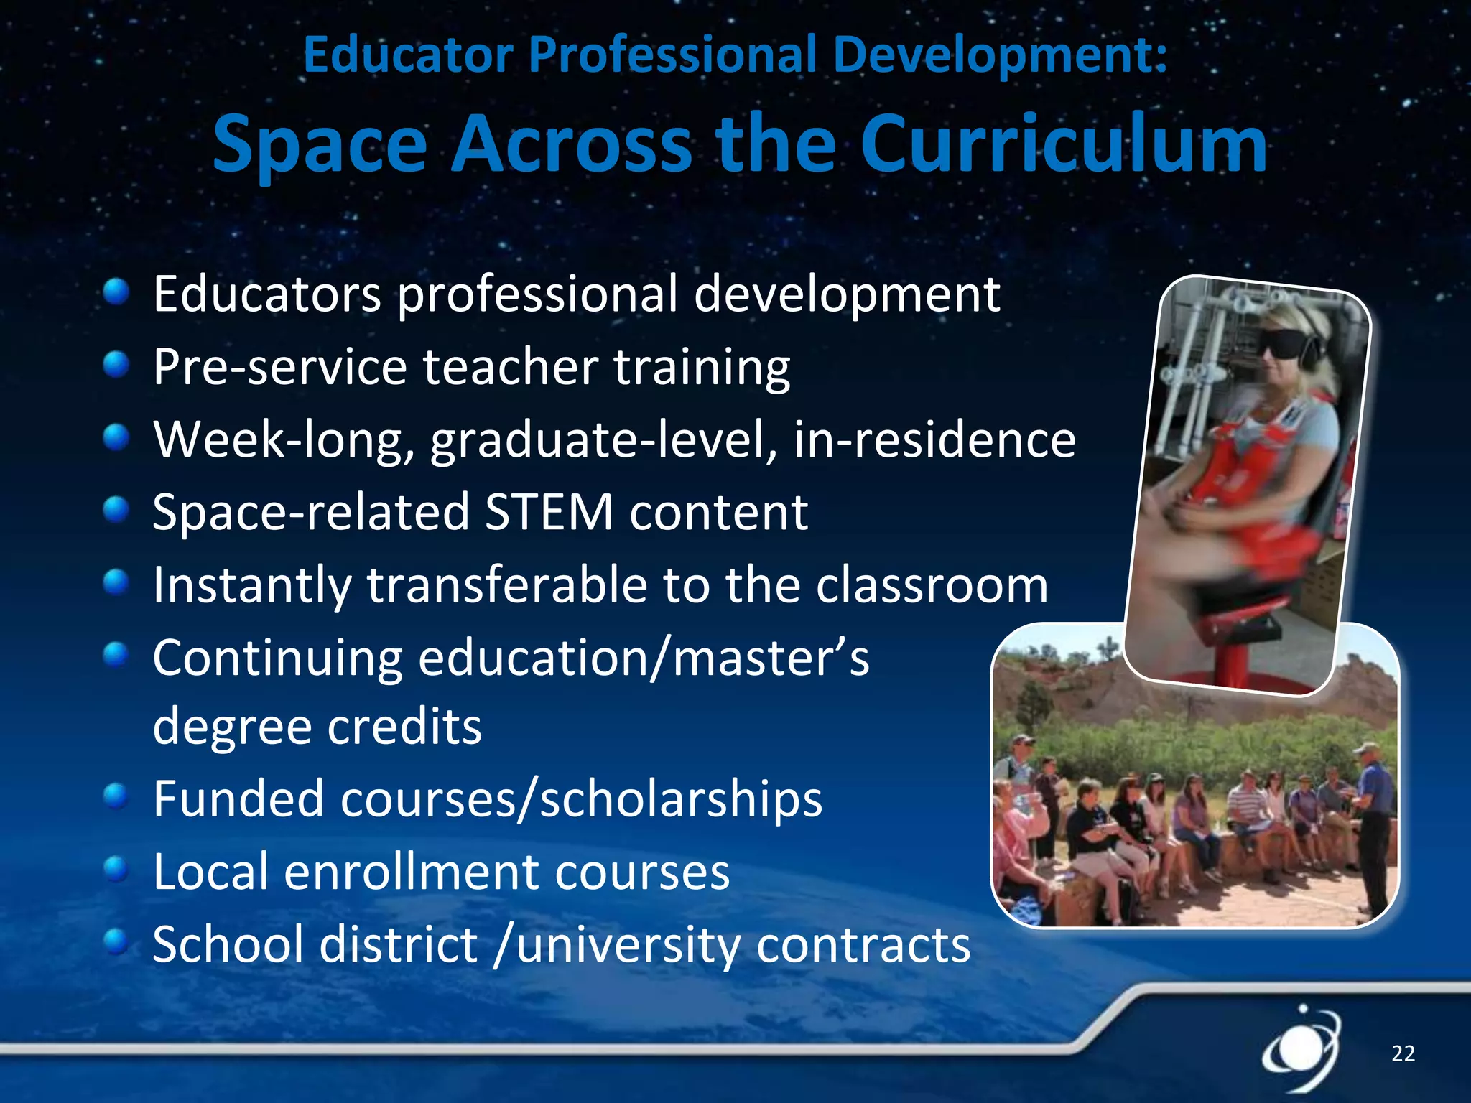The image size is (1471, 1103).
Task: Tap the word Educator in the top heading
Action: tap(408, 55)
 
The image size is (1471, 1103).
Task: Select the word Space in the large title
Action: tap(320, 145)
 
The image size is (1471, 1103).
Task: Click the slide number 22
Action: tap(1403, 1053)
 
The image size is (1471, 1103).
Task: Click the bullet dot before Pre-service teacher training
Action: tap(116, 365)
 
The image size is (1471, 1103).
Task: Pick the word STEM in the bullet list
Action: tap(549, 512)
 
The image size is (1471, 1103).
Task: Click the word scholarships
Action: tap(681, 799)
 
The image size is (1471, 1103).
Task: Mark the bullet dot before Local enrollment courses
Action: tap(116, 870)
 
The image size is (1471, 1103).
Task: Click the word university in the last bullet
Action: tap(628, 945)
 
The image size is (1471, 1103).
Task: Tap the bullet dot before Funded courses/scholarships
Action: tap(116, 796)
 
